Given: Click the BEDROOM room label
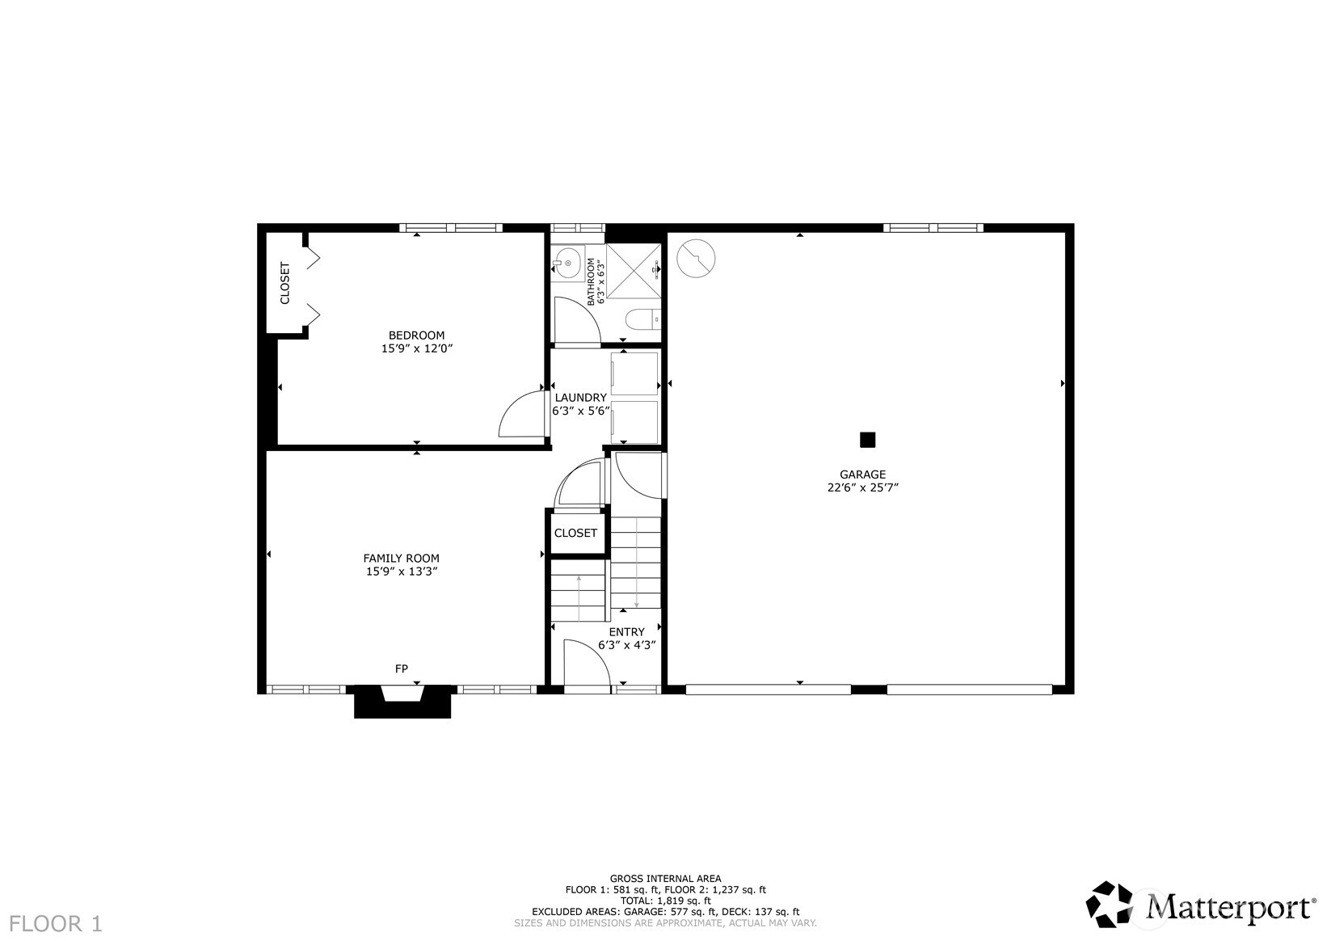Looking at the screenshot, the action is (x=416, y=335).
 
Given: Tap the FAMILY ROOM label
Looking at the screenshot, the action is (x=401, y=558).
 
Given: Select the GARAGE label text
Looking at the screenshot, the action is (x=862, y=475).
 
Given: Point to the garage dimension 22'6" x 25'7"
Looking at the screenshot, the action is (x=862, y=488).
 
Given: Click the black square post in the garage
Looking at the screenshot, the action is (x=867, y=440).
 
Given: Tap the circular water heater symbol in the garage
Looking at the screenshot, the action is (x=696, y=258).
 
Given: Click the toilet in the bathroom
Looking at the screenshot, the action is (x=643, y=320).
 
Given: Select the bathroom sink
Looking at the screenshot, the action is (x=568, y=263).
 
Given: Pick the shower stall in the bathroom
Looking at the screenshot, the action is (x=634, y=271).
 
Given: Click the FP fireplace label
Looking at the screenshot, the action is (x=401, y=669).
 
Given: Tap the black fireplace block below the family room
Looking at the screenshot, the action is (x=402, y=702).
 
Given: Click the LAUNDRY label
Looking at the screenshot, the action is (x=580, y=398).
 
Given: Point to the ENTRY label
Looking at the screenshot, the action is (x=626, y=632).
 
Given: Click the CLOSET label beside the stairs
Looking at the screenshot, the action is (x=575, y=534).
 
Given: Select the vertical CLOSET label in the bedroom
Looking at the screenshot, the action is (x=284, y=283).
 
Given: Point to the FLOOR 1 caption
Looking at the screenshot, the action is (x=56, y=924).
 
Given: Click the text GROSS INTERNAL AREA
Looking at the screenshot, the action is (x=666, y=879).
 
